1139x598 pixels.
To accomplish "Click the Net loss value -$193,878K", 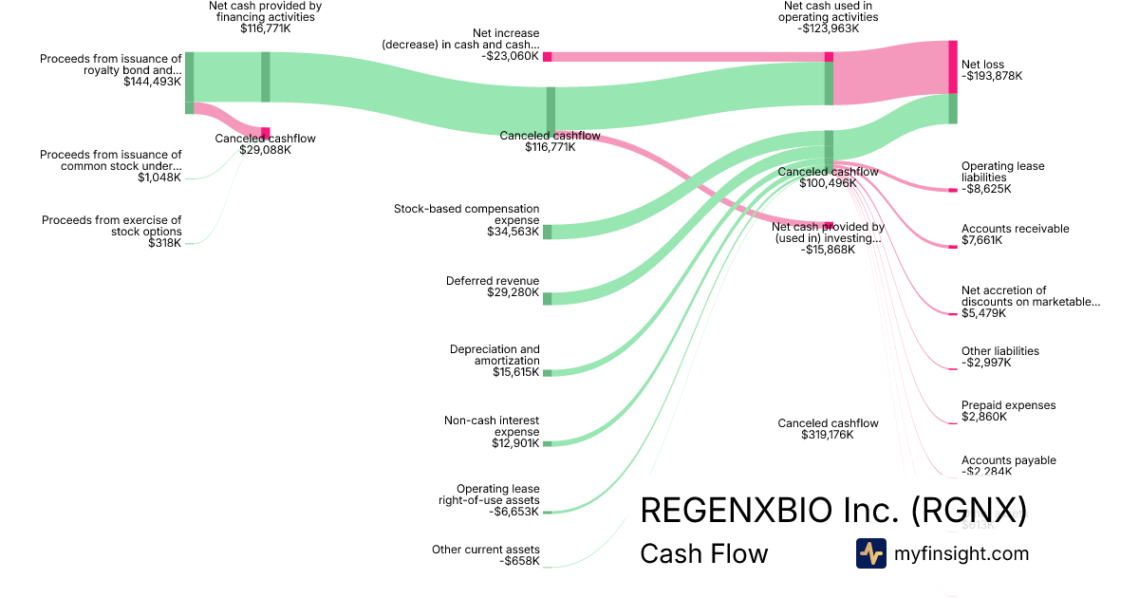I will [x=992, y=76].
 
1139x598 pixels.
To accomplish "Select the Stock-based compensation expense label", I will [x=466, y=214].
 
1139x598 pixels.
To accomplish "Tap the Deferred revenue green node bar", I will [x=547, y=298].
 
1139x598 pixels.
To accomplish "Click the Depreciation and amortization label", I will [x=495, y=355].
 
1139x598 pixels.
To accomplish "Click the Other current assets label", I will [x=485, y=550].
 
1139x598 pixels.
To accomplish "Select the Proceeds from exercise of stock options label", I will [x=111, y=226].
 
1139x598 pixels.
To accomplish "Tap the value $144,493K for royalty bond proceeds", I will [x=152, y=83].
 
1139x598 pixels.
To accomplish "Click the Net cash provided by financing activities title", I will [x=265, y=11].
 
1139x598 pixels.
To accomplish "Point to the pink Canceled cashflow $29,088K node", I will [x=266, y=133].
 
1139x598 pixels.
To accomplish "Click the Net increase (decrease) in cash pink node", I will [x=547, y=57].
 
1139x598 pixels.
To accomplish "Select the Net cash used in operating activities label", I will [x=828, y=11].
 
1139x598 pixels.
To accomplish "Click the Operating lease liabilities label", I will [x=1002, y=172].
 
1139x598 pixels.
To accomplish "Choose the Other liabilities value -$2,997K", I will [x=986, y=363].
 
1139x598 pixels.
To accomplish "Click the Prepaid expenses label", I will [x=1008, y=405].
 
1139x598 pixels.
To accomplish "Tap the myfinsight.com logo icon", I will [x=870, y=553].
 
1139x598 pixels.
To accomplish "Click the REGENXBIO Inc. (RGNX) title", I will [x=833, y=510].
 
